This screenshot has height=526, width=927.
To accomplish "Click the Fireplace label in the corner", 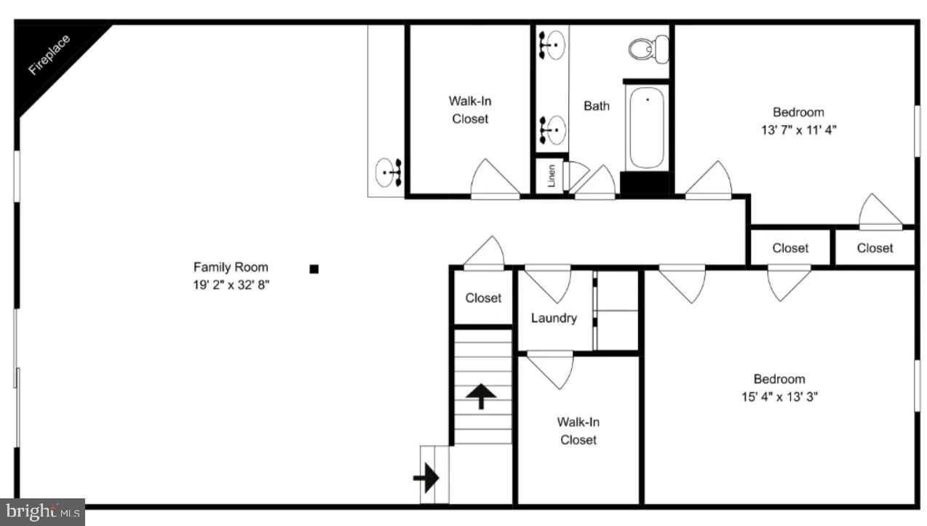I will [x=49, y=55].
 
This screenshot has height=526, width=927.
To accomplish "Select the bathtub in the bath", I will [x=646, y=127].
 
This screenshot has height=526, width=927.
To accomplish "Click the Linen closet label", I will [x=552, y=175].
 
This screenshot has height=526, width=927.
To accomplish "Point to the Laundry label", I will [x=554, y=318].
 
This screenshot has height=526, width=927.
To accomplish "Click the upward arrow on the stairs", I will [x=482, y=397].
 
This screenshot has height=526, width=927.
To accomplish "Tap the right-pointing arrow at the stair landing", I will [x=426, y=478].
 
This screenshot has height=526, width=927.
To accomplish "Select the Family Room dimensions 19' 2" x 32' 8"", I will [x=231, y=285].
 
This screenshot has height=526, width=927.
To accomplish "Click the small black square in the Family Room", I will [x=314, y=269].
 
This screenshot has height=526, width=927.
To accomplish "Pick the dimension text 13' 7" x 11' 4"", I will [x=798, y=130].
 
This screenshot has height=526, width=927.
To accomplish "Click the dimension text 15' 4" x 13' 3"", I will [x=779, y=397].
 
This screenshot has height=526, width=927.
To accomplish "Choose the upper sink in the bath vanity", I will [x=552, y=45].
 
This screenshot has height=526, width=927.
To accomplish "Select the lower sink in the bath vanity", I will [x=552, y=129].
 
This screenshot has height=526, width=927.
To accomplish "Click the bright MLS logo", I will [x=41, y=511].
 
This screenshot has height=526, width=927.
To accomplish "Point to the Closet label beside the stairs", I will [x=483, y=298].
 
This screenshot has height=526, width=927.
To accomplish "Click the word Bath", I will [x=597, y=106].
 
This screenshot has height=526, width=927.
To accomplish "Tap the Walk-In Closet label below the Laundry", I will [x=578, y=431].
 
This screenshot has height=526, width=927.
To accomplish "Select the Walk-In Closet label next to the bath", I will [x=469, y=110].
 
